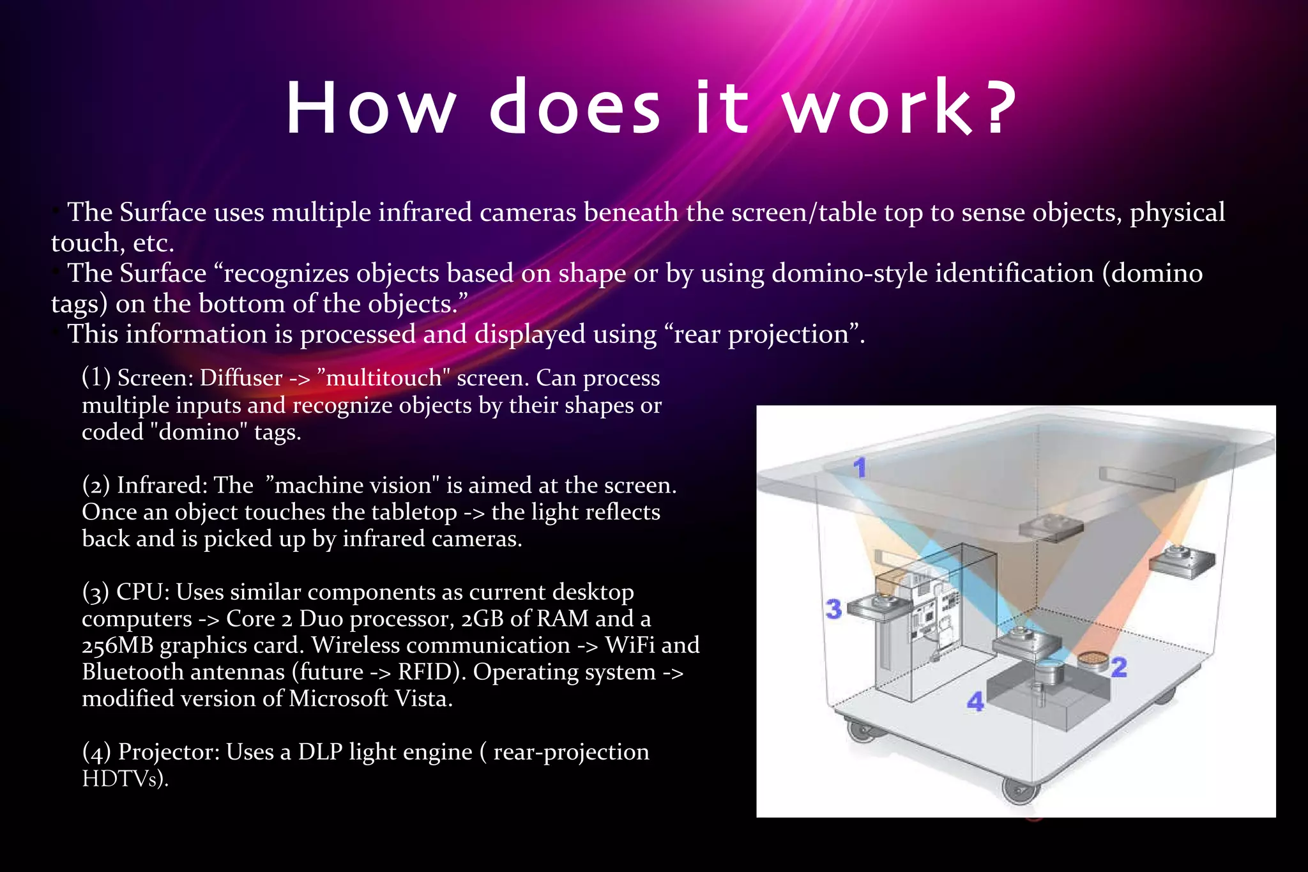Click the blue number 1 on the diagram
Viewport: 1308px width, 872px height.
pos(860,467)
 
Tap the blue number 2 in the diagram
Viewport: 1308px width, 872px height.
pos(1119,668)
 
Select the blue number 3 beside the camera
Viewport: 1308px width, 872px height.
pos(833,609)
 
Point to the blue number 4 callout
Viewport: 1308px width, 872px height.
pos(975,702)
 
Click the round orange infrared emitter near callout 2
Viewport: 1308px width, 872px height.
pos(1093,659)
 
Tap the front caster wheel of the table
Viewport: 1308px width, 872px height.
pos(1019,791)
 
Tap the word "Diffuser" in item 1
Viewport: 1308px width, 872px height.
pos(241,378)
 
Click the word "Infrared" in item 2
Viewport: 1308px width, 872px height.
pos(162,486)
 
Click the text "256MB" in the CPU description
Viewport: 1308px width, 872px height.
pos(118,646)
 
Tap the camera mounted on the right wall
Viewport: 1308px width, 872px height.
pos(1182,561)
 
